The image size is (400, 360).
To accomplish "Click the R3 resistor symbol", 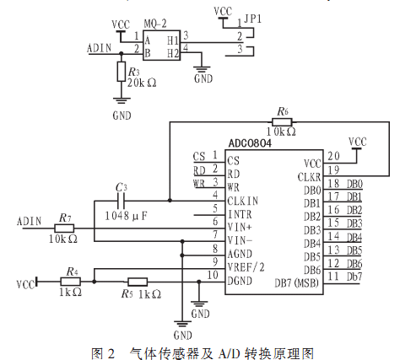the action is [122, 72].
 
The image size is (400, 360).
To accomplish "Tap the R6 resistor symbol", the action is [282, 122].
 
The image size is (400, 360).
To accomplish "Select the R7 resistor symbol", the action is [64, 228].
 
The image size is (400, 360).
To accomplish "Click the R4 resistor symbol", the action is [71, 282].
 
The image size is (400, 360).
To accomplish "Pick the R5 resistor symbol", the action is [138, 282].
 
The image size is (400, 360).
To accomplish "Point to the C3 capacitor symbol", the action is [121, 201].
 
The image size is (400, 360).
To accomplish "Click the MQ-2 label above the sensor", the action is [155, 24].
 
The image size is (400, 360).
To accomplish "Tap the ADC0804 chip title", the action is [250, 143].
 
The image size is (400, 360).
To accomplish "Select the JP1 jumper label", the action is [252, 19].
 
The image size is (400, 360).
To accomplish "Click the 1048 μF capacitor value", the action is [126, 216].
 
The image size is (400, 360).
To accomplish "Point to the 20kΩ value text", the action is [142, 83].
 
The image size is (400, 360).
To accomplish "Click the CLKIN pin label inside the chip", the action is [243, 201].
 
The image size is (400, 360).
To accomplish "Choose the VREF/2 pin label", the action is [246, 267].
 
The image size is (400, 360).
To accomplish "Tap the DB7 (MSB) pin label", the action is [297, 282].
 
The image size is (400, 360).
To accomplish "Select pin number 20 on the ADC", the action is [333, 156].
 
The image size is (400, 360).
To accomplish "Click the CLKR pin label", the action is [309, 177].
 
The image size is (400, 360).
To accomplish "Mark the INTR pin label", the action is [240, 214].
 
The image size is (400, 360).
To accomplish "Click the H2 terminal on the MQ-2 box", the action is [173, 53].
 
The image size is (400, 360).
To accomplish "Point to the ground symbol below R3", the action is [122, 100].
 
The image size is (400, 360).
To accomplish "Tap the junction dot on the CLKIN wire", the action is [170, 201].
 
